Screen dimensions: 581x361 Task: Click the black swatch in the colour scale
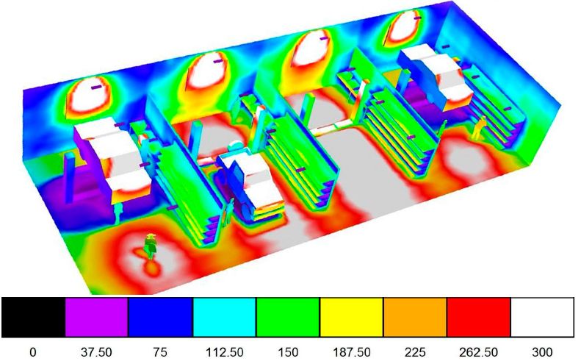tap(33, 317)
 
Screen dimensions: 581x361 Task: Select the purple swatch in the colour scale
tap(97, 317)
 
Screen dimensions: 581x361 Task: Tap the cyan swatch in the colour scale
tap(224, 317)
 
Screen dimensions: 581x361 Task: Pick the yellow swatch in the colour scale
tap(351, 317)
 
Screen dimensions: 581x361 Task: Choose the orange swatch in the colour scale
tap(415, 317)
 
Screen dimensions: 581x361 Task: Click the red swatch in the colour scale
tap(479, 317)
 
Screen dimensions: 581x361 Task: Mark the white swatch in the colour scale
tap(543, 317)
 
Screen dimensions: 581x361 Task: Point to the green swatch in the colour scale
tap(288, 317)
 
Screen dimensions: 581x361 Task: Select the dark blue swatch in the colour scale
tap(160, 317)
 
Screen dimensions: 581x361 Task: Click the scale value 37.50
tap(96, 351)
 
